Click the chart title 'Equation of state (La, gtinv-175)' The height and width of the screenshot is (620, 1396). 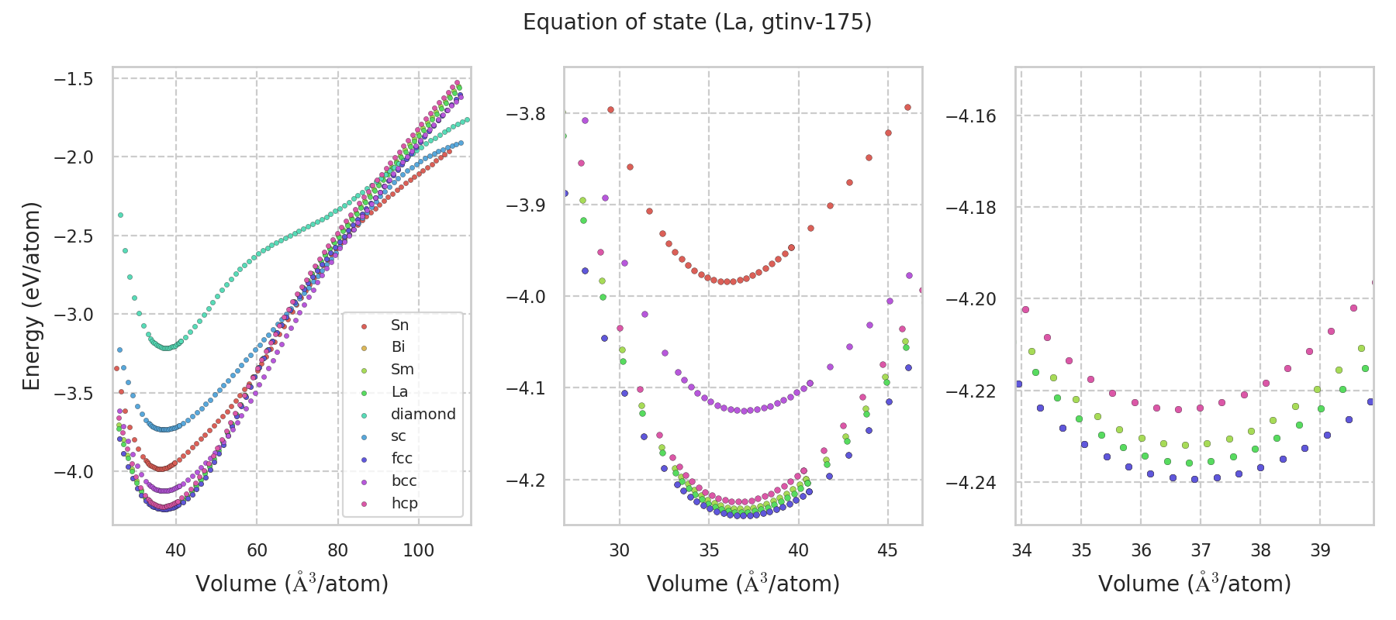click(697, 22)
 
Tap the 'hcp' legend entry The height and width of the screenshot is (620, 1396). click(404, 503)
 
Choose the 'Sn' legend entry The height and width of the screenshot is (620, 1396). click(399, 325)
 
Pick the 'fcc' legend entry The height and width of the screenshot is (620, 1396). click(402, 458)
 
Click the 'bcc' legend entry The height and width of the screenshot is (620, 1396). click(403, 480)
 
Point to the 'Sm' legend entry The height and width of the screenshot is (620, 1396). click(402, 370)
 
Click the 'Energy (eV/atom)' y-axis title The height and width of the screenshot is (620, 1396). click(31, 296)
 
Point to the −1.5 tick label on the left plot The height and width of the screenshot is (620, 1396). click(73, 79)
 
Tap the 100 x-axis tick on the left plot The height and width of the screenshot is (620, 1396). click(419, 550)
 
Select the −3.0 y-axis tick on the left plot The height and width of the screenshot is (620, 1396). click(73, 315)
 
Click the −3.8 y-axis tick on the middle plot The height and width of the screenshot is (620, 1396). click(525, 114)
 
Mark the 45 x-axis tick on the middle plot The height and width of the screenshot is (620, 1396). click(887, 550)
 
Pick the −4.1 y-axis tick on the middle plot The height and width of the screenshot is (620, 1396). click(525, 388)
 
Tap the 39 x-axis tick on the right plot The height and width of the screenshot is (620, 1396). click(1320, 550)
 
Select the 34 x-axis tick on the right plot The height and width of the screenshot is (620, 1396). click(1021, 550)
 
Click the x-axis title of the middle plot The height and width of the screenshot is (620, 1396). click(743, 584)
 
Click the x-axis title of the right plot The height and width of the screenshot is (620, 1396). click(1194, 584)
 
